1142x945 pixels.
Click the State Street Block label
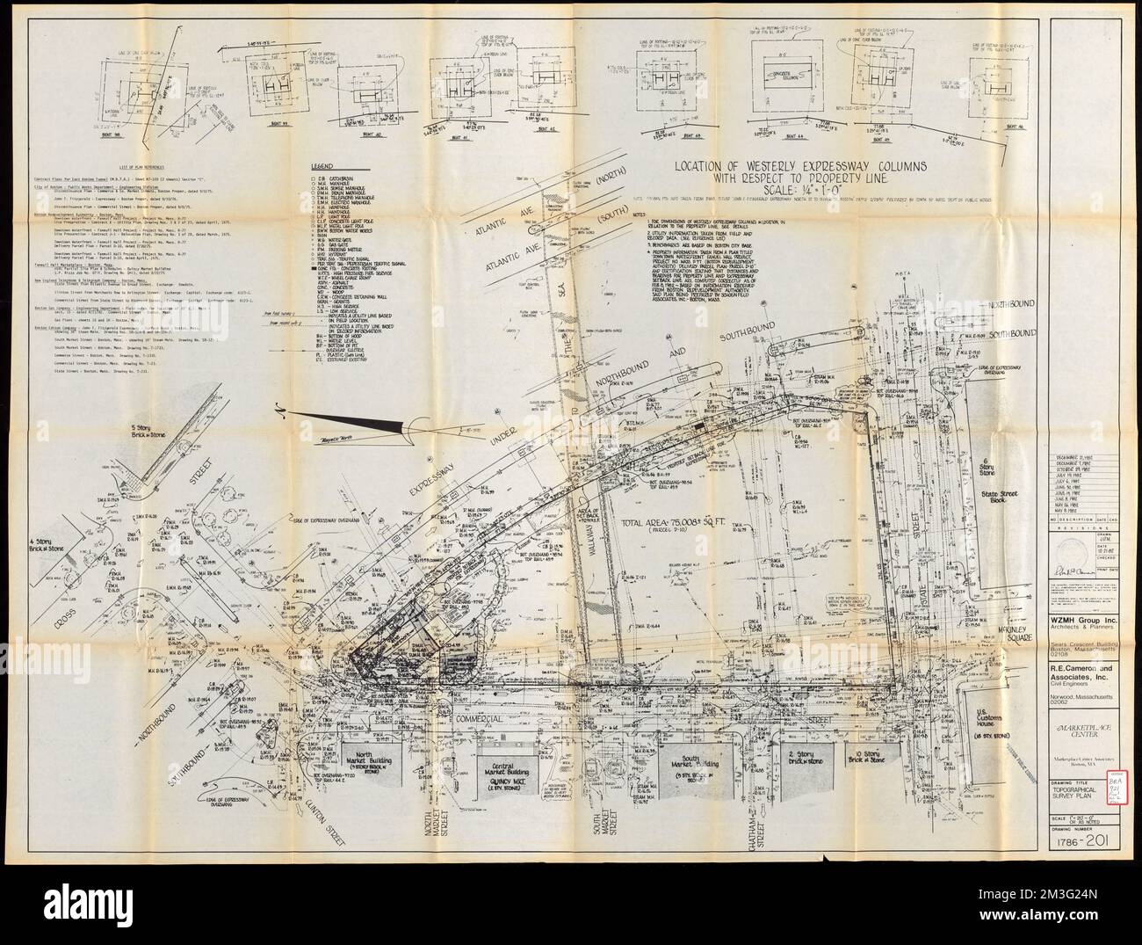994,512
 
